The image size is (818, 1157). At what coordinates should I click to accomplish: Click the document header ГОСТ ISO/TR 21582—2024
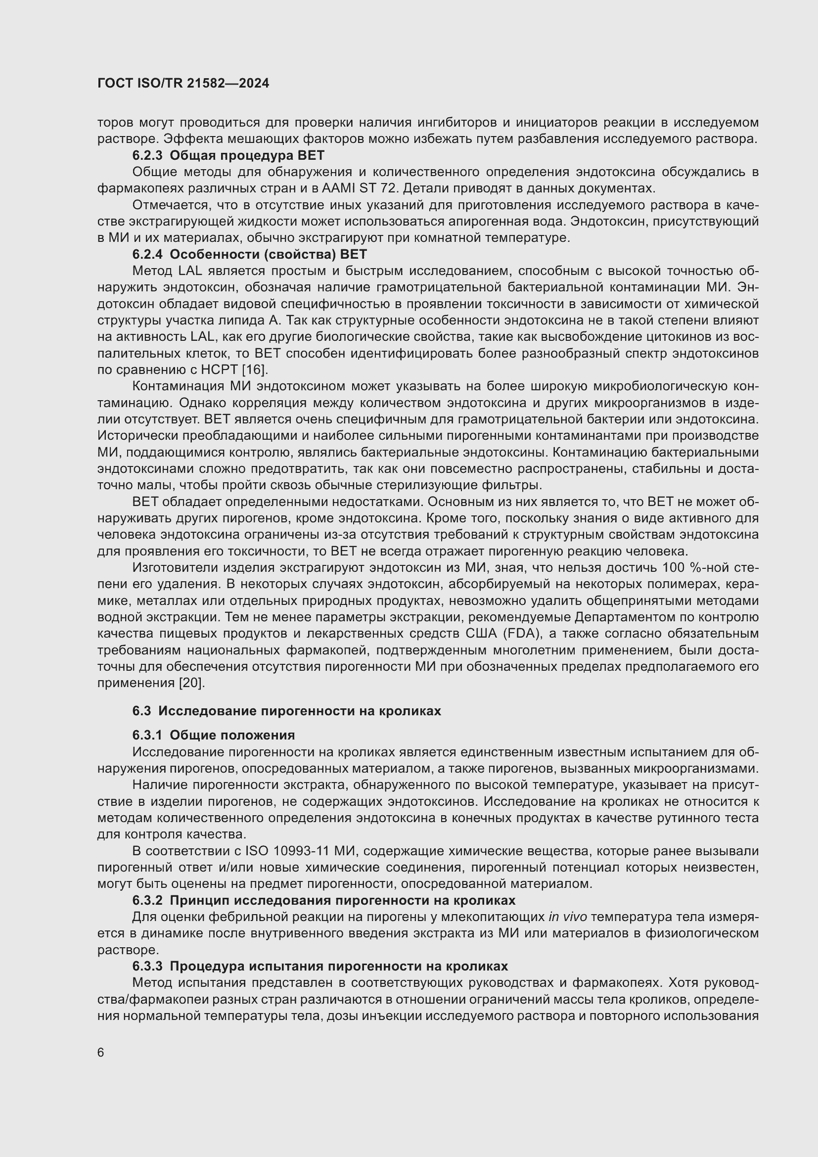click(x=183, y=84)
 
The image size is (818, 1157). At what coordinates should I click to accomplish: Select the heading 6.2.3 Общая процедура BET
click(x=228, y=155)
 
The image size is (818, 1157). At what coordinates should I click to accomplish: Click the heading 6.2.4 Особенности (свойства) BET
click(x=249, y=254)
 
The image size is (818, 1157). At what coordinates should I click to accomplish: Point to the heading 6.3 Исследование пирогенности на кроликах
click(x=287, y=711)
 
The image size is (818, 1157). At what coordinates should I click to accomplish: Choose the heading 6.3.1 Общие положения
click(x=214, y=735)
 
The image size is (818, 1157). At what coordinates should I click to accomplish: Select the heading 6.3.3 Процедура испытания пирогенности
click(x=320, y=966)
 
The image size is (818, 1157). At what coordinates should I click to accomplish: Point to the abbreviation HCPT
click(x=220, y=370)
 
